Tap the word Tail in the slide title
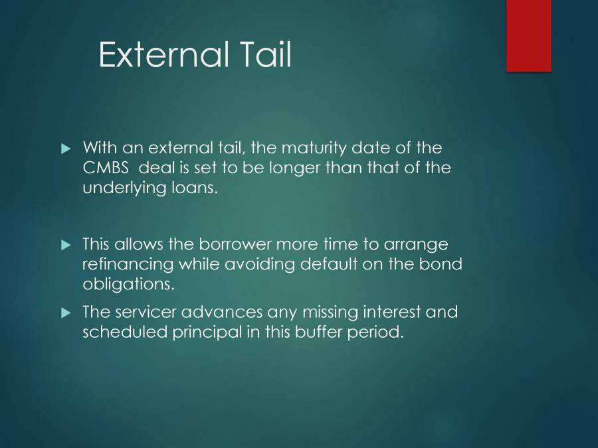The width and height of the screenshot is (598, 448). pos(265,54)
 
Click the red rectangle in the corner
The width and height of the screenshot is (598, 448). pos(529,35)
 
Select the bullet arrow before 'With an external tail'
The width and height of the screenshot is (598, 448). pos(65,147)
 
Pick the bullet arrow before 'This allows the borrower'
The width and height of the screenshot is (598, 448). pos(65,244)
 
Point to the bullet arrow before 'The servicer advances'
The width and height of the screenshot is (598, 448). pos(65,311)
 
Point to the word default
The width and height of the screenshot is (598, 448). pos(336,263)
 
